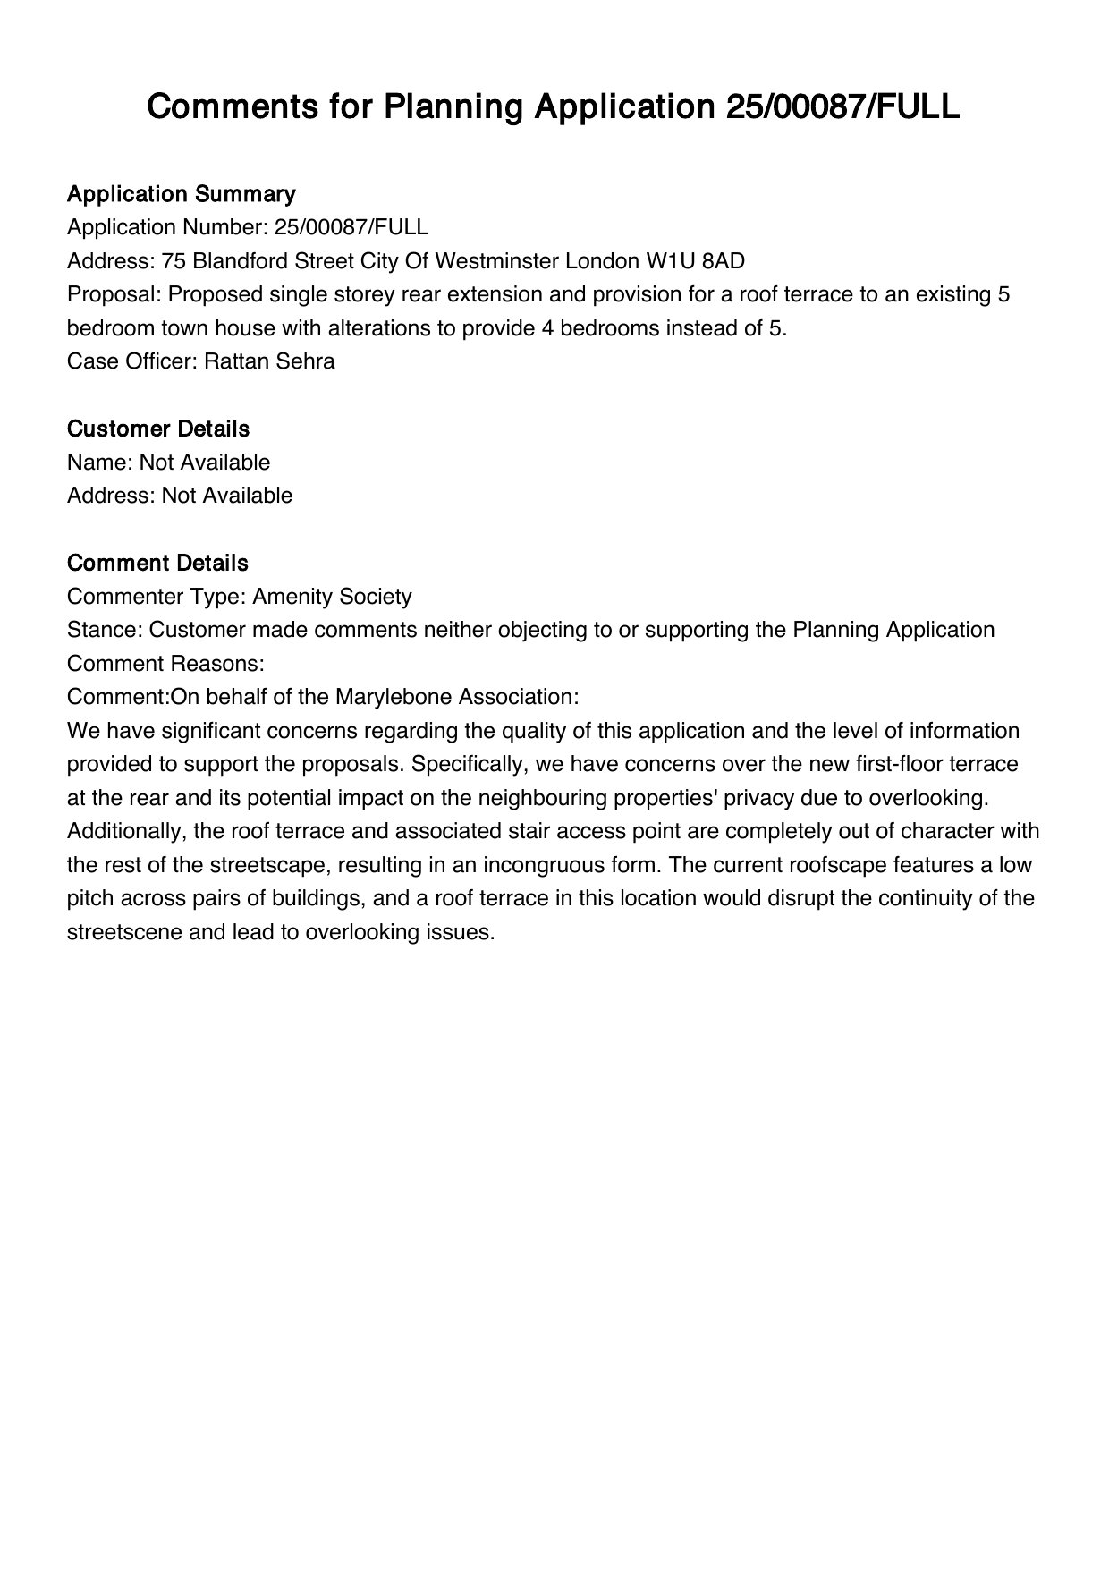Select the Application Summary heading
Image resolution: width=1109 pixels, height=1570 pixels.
tap(181, 194)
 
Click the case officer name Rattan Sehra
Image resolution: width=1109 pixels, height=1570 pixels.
tap(269, 361)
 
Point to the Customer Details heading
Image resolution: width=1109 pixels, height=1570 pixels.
tap(158, 429)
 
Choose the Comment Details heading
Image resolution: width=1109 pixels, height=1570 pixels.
tap(157, 564)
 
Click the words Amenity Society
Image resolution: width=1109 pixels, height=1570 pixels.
tap(332, 597)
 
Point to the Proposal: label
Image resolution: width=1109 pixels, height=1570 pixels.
tap(114, 294)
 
